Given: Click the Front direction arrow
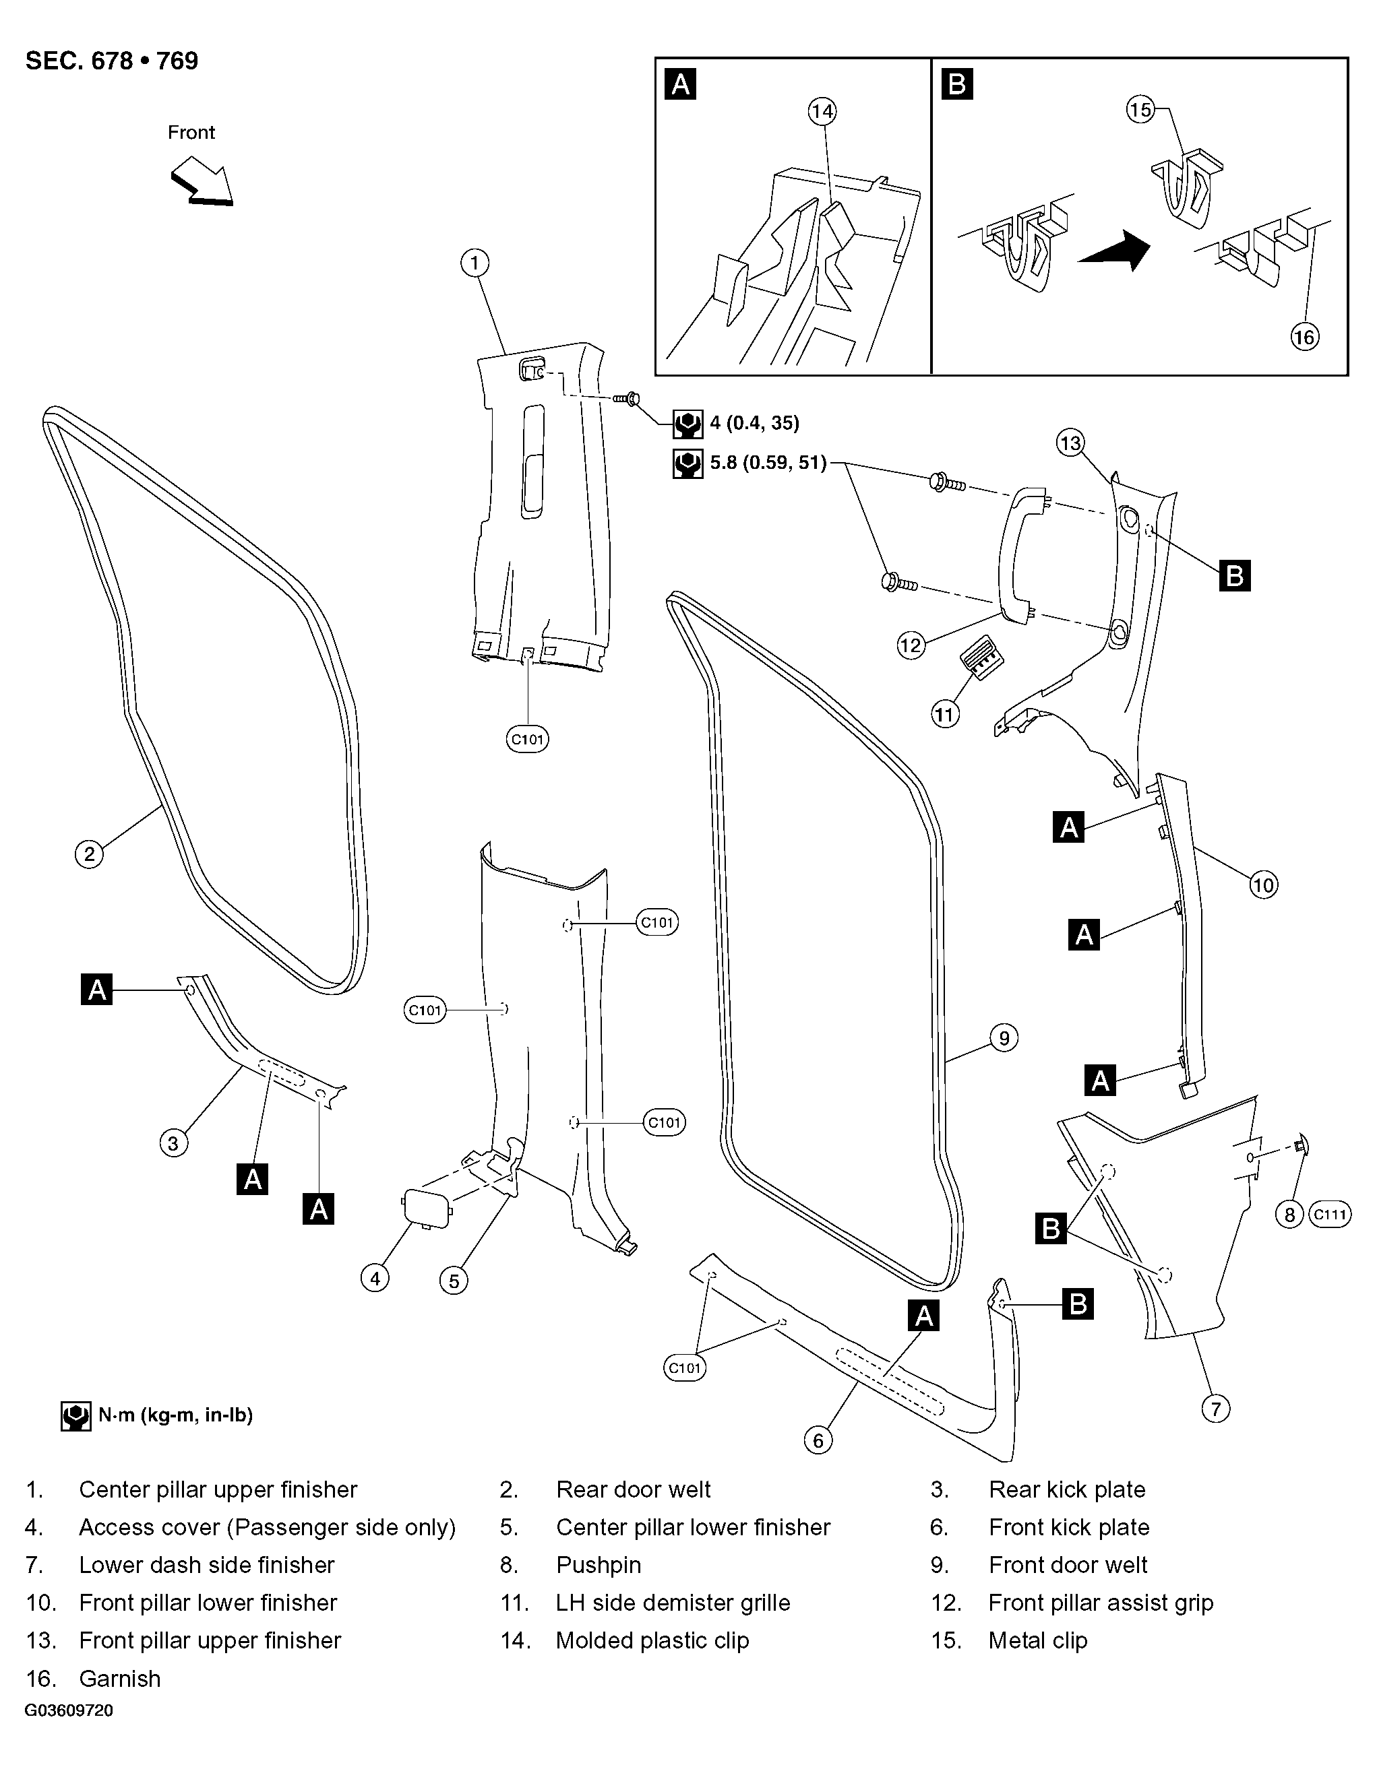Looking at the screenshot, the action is [x=202, y=183].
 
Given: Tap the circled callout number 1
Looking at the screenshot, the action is [x=475, y=262].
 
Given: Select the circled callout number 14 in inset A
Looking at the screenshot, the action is [x=822, y=111].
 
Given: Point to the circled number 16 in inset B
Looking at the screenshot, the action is [x=1304, y=337].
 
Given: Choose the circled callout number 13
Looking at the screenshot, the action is [x=1070, y=443].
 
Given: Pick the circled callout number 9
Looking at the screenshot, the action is [x=1004, y=1037].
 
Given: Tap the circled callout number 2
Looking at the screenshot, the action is [x=89, y=854].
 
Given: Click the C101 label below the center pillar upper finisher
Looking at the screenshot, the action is [x=528, y=739].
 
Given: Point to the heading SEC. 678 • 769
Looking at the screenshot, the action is [x=112, y=61].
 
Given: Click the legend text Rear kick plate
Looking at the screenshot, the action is [x=1067, y=1489].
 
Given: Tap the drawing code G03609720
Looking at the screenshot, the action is [x=69, y=1710].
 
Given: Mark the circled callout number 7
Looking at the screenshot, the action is [x=1216, y=1409].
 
